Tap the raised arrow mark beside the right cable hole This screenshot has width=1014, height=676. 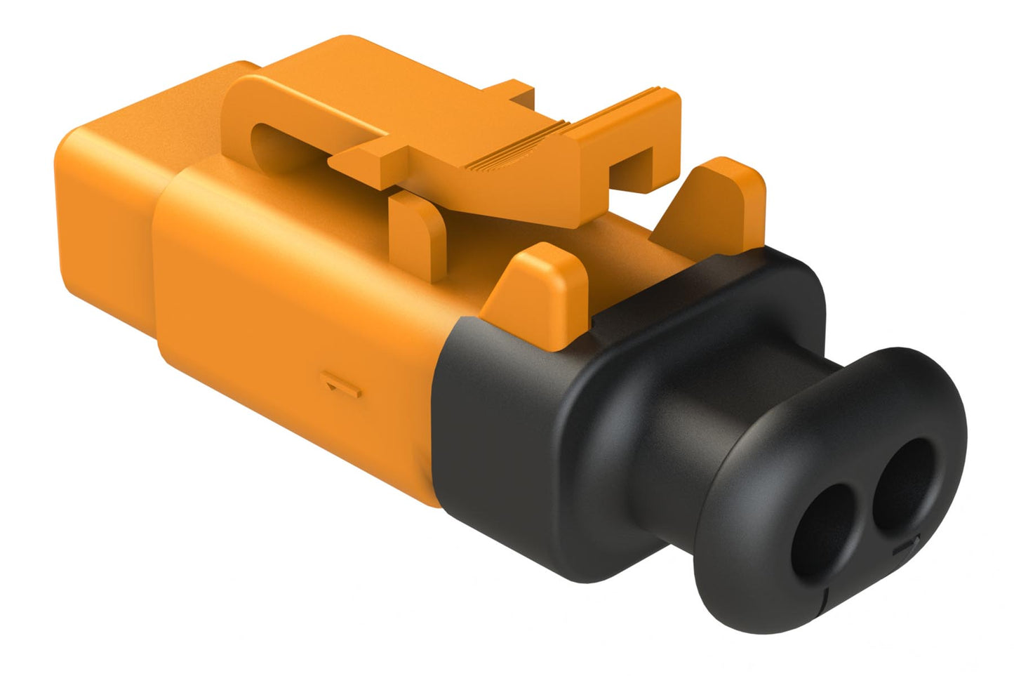(x=910, y=543)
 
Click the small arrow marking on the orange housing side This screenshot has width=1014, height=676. (x=341, y=385)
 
